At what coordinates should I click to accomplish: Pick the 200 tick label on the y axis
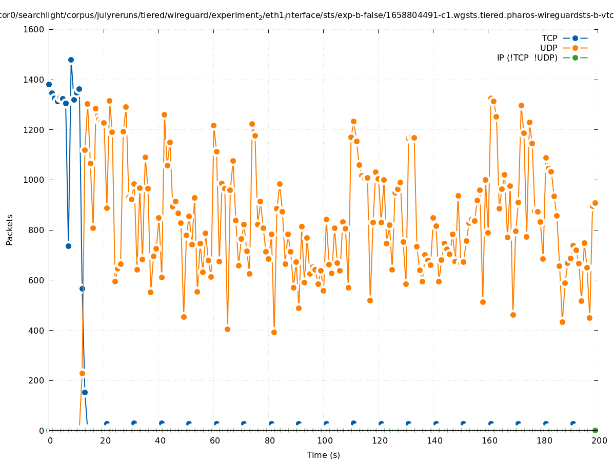(x=36, y=380)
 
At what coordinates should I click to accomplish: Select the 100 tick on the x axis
(x=324, y=440)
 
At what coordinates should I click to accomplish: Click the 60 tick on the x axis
(x=214, y=440)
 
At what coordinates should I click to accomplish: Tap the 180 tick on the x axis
(x=544, y=440)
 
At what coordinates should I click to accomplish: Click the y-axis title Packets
(x=9, y=229)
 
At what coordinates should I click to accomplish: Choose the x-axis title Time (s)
(x=323, y=455)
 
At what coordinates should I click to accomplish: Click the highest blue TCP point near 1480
(x=71, y=60)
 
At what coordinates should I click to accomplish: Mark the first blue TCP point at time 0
(x=49, y=84)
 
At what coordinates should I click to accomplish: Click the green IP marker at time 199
(x=595, y=430)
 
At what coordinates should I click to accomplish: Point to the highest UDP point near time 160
(x=491, y=98)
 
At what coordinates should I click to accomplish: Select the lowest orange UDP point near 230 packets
(x=82, y=373)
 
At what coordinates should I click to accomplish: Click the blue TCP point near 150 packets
(x=85, y=392)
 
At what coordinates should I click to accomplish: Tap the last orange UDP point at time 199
(x=595, y=203)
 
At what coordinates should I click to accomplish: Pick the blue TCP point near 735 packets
(x=68, y=246)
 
